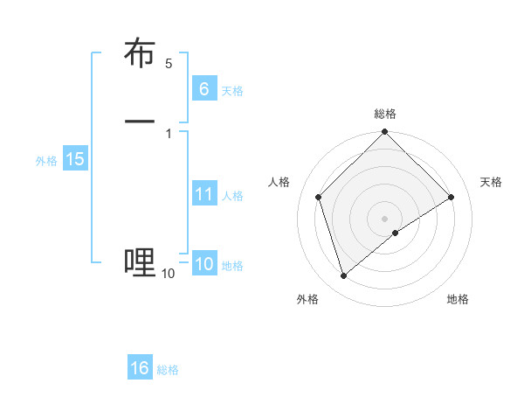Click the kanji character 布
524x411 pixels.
click(x=140, y=54)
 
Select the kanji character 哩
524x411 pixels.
click(x=140, y=261)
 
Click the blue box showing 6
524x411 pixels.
click(x=203, y=89)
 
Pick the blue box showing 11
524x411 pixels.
click(x=203, y=195)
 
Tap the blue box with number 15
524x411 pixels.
click(x=75, y=160)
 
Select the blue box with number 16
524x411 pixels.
click(x=140, y=368)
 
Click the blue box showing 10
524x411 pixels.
click(x=203, y=265)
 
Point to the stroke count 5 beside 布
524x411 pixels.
click(x=169, y=64)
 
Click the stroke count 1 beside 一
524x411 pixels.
click(x=169, y=133)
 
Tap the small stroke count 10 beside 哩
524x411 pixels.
click(x=168, y=274)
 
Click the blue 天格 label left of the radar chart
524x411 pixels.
click(x=232, y=91)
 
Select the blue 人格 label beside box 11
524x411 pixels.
click(x=232, y=196)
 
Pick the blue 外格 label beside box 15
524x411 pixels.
click(x=46, y=161)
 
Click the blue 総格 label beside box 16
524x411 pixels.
click(x=168, y=370)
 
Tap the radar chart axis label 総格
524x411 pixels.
click(x=385, y=114)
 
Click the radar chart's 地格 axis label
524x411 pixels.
click(x=458, y=299)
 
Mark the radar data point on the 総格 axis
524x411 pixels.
click(x=385, y=133)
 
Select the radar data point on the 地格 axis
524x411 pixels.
click(x=396, y=233)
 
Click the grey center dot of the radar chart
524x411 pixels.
click(x=385, y=219)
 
